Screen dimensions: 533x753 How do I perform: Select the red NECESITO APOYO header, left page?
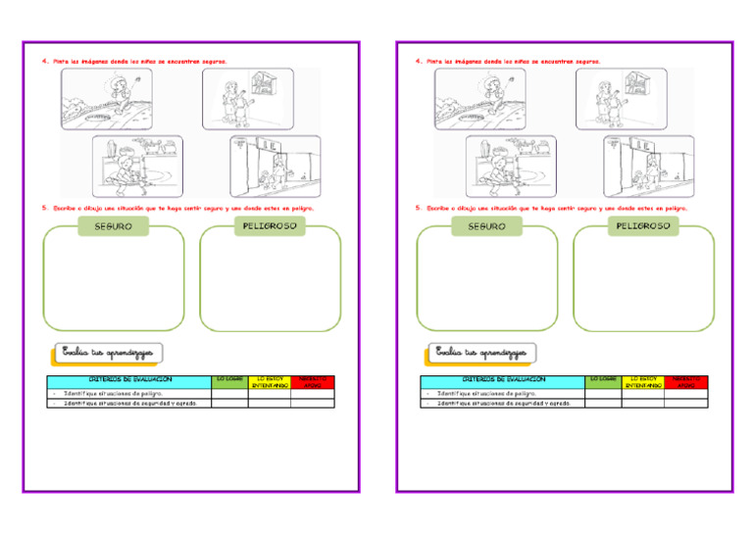click(x=312, y=382)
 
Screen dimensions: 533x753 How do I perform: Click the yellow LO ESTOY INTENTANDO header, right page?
click(x=642, y=382)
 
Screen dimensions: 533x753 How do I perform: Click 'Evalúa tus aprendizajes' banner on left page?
click(x=108, y=352)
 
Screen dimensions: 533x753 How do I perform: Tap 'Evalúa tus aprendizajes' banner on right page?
click(x=481, y=352)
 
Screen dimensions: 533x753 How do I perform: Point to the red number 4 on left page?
click(x=44, y=61)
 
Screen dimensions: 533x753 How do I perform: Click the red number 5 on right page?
click(x=418, y=208)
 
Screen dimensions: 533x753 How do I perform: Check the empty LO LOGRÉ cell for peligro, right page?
click(x=603, y=393)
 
